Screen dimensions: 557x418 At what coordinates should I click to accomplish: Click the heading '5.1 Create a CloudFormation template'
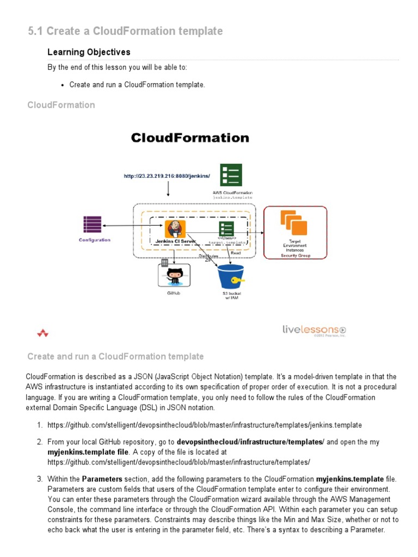(125, 32)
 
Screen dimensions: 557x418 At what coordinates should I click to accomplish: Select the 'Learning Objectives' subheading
(89, 52)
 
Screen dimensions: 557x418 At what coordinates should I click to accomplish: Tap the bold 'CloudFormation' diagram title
(190, 138)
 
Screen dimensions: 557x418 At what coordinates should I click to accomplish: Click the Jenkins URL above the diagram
(167, 176)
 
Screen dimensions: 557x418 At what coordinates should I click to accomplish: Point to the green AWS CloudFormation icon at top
(231, 176)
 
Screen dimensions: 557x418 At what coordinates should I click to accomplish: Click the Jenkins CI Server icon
(175, 228)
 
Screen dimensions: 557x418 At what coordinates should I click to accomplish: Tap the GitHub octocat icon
(174, 275)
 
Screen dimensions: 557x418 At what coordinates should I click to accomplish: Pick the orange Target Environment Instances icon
(294, 223)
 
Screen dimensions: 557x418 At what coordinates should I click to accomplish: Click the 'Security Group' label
(296, 255)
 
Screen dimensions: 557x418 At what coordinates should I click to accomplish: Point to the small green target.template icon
(226, 228)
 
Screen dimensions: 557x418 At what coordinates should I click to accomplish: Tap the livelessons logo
(314, 330)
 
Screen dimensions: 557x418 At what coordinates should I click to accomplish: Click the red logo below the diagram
(42, 333)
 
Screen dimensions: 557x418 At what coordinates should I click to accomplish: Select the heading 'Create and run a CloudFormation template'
(115, 357)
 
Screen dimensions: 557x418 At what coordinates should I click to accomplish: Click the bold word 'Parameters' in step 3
(101, 479)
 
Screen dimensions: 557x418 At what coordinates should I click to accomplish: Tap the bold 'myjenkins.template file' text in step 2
(88, 452)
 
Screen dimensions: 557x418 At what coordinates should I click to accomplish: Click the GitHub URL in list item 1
(204, 425)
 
